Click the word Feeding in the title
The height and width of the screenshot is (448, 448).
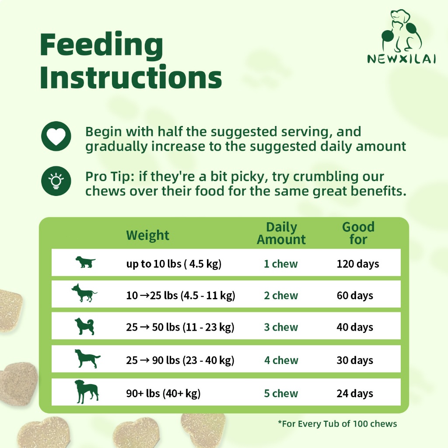tap(101, 45)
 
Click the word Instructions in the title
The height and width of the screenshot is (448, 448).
tap(131, 77)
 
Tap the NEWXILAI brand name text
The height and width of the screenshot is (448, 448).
tap(402, 59)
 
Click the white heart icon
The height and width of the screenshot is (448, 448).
tap(56, 136)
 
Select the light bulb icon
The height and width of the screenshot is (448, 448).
tap(56, 181)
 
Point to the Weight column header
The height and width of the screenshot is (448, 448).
tap(148, 235)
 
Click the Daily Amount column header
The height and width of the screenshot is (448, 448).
tap(281, 234)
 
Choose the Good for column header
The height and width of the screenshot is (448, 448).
tap(358, 234)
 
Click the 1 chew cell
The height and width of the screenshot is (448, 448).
tap(280, 264)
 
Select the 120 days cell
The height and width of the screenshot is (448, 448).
tap(358, 264)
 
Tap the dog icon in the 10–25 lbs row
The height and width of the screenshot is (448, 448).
tap(84, 293)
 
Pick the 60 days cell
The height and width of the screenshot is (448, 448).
tap(355, 295)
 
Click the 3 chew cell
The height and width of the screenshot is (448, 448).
tap(281, 327)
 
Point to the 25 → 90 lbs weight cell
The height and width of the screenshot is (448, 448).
tap(180, 360)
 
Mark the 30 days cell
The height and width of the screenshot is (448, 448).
tap(355, 360)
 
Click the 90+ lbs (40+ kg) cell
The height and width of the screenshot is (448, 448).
tap(163, 393)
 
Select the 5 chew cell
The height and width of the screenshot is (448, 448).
tap(281, 393)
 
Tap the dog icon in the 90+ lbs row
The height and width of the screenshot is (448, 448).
tap(87, 392)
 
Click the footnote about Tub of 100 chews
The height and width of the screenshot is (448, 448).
tap(337, 423)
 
